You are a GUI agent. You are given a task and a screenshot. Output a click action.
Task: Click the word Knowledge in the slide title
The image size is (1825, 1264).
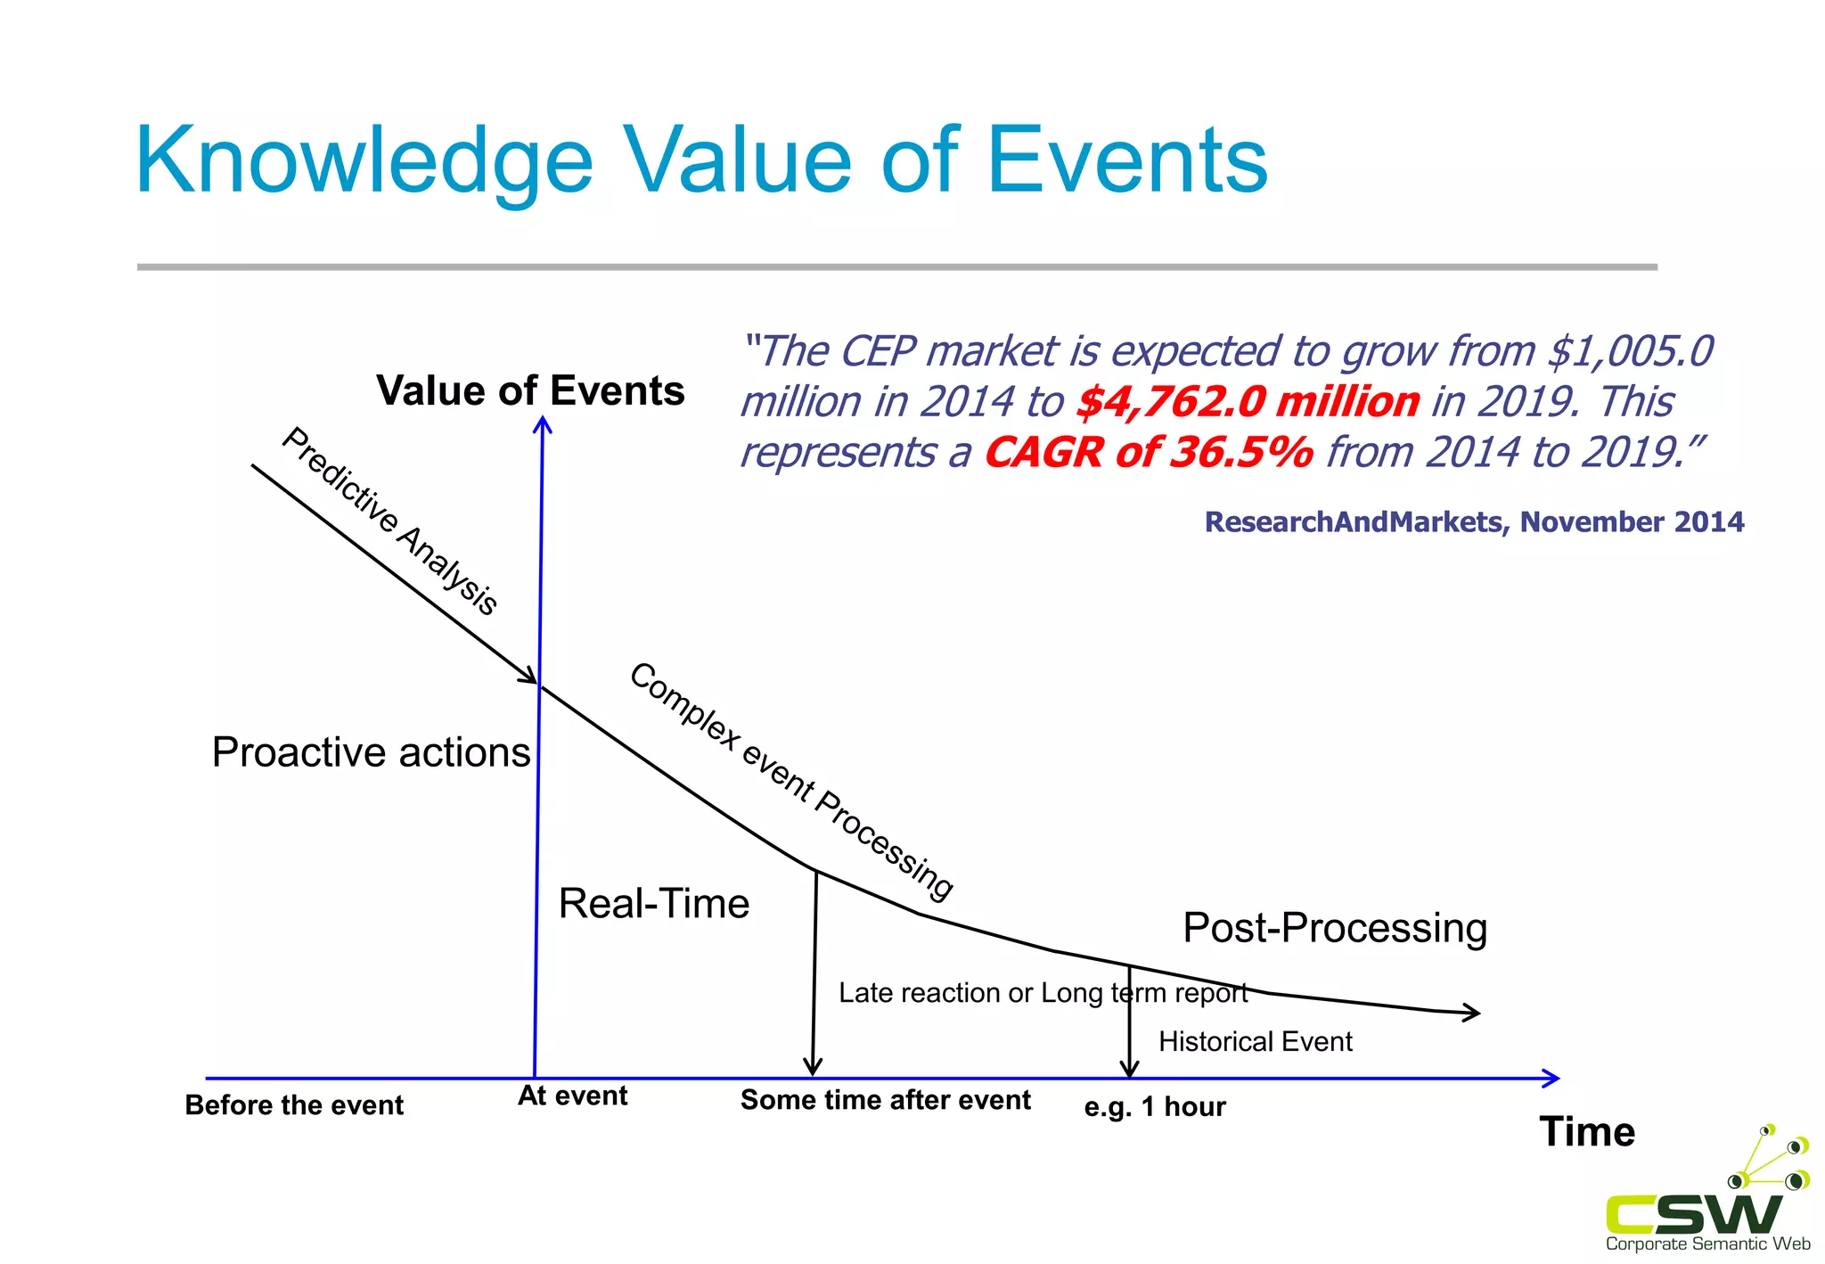(x=364, y=162)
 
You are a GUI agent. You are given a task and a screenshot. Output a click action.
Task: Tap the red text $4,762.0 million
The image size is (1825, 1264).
(x=1248, y=402)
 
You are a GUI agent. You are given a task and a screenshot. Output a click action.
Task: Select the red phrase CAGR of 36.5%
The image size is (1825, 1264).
(x=1149, y=453)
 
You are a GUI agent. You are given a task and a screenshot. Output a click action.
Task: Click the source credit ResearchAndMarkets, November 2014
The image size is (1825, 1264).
(x=1474, y=522)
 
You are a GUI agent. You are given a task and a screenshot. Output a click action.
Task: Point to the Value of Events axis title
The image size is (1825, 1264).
(x=530, y=391)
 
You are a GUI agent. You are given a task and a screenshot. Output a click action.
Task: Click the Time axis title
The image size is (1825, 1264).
(x=1587, y=1132)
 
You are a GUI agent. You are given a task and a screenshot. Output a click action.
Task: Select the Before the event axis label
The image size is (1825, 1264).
(x=294, y=1105)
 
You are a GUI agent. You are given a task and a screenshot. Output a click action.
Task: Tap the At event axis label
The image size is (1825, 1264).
(x=572, y=1096)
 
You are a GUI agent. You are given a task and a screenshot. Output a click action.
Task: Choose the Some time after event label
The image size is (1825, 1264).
(x=885, y=1100)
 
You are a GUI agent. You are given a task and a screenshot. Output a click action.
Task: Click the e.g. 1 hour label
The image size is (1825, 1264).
(x=1155, y=1107)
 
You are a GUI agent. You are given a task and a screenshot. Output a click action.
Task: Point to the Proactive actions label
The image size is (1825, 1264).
(x=371, y=752)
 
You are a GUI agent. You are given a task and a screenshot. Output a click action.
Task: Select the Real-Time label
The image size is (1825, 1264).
(x=654, y=904)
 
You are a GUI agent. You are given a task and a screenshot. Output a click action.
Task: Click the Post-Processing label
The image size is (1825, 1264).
(x=1335, y=928)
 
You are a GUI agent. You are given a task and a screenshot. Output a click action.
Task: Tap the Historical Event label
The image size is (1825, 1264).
(x=1255, y=1041)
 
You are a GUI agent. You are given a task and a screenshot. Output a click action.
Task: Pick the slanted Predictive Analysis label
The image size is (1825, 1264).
(x=390, y=521)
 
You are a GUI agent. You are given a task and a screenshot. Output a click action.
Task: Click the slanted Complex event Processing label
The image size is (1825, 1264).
(x=791, y=781)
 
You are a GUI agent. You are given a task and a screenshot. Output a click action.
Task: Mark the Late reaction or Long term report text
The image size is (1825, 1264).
(x=1043, y=993)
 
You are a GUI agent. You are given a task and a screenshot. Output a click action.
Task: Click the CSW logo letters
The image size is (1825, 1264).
(x=1693, y=1213)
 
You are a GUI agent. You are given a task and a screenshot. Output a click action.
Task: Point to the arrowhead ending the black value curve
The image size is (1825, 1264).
(x=1472, y=1012)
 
